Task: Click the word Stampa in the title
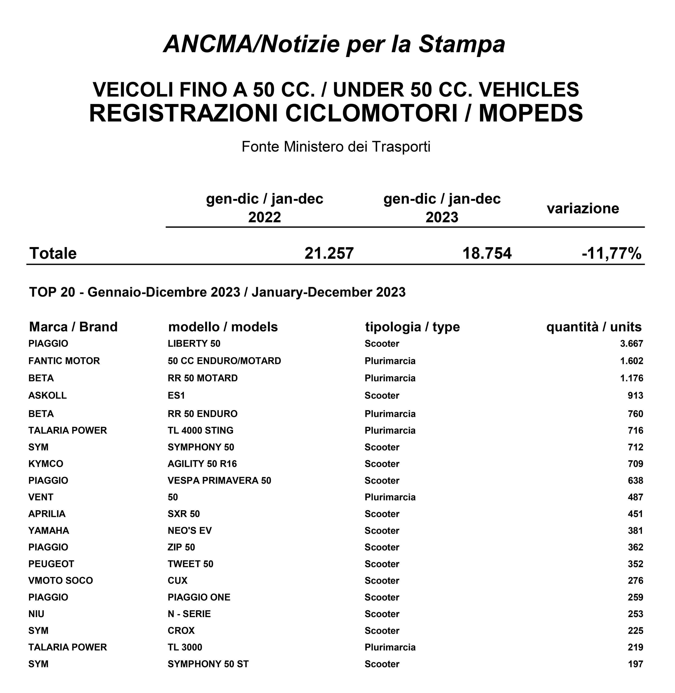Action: click(462, 44)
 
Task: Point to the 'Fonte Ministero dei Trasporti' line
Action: click(336, 146)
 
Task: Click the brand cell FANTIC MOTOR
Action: click(64, 361)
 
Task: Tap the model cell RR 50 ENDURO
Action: click(202, 414)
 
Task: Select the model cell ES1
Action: click(176, 395)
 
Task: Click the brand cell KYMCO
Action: click(46, 464)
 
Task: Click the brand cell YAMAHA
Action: click(49, 530)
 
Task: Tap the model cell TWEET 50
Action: click(190, 564)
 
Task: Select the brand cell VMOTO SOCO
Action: click(61, 581)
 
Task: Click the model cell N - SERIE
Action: click(189, 614)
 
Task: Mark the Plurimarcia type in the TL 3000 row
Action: click(390, 647)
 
